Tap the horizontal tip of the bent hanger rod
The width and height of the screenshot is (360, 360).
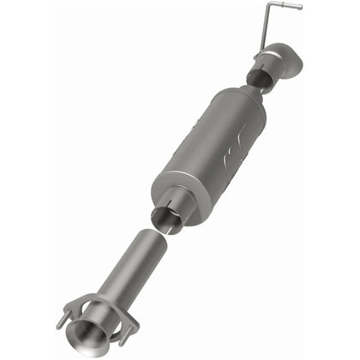point(293,7)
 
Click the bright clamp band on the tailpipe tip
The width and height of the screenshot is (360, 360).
point(267,61)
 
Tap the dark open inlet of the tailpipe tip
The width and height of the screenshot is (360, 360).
point(255,78)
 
